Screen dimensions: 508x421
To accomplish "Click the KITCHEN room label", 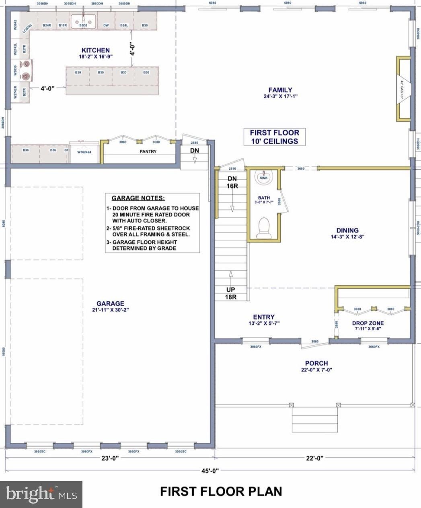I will (95, 50).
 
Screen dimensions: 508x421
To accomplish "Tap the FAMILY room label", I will (280, 90).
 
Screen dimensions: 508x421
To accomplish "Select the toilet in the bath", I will (264, 226).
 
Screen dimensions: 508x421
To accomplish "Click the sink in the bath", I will (264, 178).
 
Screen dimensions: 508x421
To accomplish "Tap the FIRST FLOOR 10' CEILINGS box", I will (275, 137).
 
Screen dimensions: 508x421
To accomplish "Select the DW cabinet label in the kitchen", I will (106, 25).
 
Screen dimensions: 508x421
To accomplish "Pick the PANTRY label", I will (148, 151).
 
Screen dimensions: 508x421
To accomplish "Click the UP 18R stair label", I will (231, 293).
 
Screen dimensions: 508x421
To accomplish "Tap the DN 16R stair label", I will (232, 182).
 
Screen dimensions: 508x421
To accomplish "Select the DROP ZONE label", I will (368, 323).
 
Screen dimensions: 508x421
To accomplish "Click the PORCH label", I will (316, 363).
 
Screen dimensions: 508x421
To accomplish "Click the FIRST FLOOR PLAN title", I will (221, 491).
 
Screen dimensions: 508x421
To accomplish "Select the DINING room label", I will (347, 230).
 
